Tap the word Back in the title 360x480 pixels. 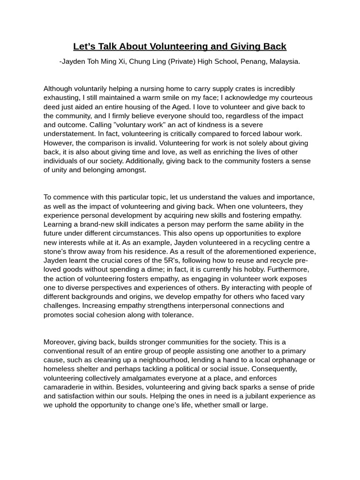274,46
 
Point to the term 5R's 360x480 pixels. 175,260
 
